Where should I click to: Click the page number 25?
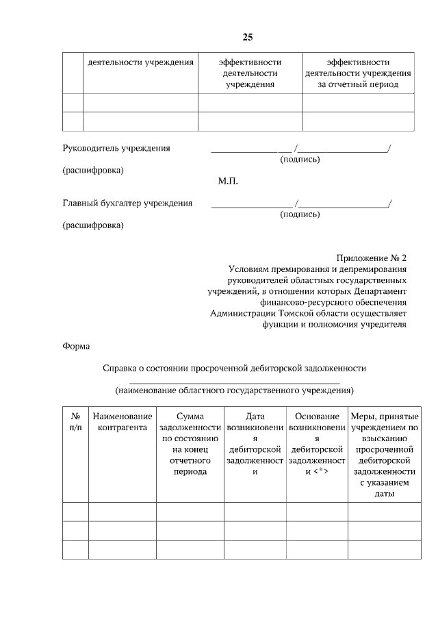click(247, 36)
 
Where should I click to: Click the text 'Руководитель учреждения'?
click(116, 147)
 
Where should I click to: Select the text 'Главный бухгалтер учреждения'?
click(127, 203)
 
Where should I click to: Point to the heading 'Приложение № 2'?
click(371, 258)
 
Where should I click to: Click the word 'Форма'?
click(76, 346)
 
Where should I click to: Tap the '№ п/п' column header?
click(75, 422)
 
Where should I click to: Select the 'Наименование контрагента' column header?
click(122, 422)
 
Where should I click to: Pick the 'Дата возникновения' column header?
click(255, 444)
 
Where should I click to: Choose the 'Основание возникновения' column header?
click(317, 444)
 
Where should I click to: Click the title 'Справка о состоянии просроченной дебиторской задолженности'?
click(234, 368)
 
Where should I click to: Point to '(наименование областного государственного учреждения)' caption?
click(234, 390)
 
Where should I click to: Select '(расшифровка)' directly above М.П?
click(93, 170)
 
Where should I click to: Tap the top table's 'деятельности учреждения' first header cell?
click(140, 62)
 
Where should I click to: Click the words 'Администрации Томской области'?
click(274, 313)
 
